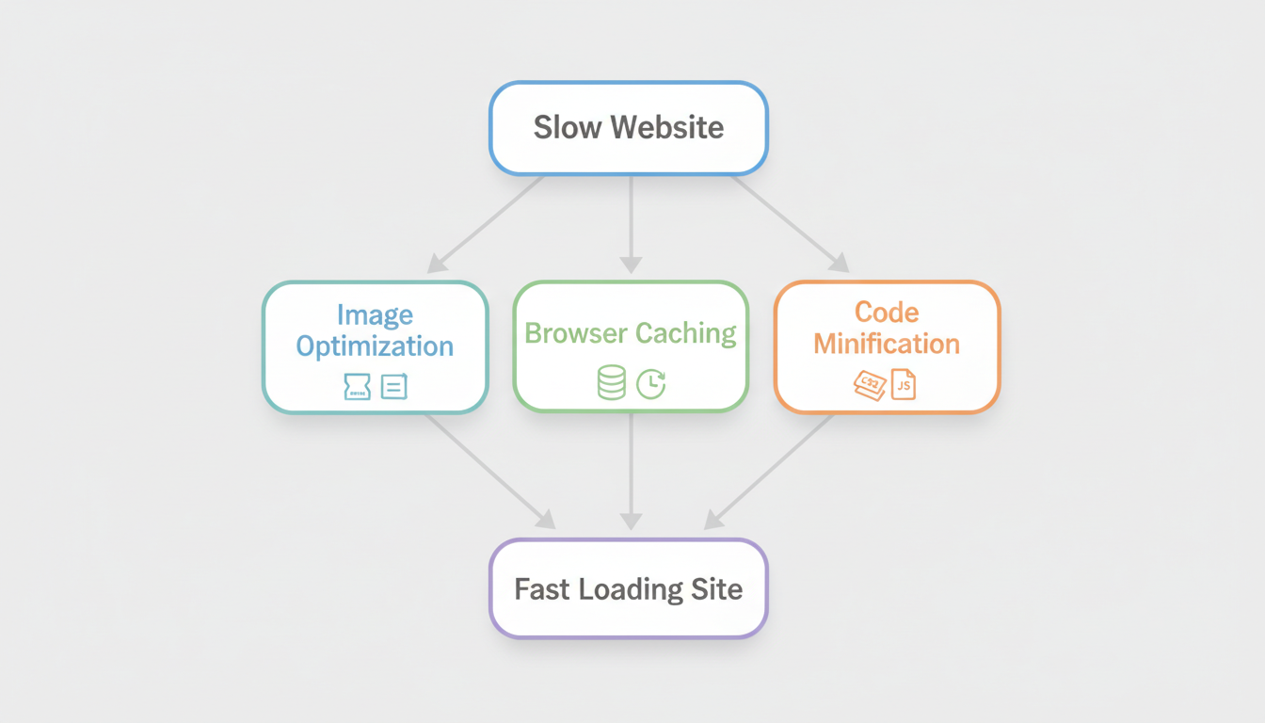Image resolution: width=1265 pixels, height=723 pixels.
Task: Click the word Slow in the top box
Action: point(563,128)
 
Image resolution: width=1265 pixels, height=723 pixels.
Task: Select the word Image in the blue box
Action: point(375,314)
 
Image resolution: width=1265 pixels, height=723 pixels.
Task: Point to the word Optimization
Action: point(375,346)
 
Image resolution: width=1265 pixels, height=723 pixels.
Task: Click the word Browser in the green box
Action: point(576,333)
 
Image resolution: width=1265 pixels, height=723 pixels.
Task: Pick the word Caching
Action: point(685,333)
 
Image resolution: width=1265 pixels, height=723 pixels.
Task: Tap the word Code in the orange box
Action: point(887,312)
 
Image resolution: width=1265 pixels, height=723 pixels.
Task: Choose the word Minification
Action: point(887,344)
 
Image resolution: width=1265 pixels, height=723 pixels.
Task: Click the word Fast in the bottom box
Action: point(542,590)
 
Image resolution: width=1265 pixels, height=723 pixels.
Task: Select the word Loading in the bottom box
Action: point(631,590)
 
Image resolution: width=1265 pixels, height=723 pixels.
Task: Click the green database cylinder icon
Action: point(612,383)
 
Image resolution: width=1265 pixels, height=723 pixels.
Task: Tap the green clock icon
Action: point(651,383)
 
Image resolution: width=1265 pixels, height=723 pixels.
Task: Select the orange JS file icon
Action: point(904,384)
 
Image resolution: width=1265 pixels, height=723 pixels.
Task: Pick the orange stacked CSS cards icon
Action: point(870,384)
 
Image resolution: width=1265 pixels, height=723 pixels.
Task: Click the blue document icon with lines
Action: point(394,386)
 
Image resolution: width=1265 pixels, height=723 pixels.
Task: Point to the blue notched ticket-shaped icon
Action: point(358,386)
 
